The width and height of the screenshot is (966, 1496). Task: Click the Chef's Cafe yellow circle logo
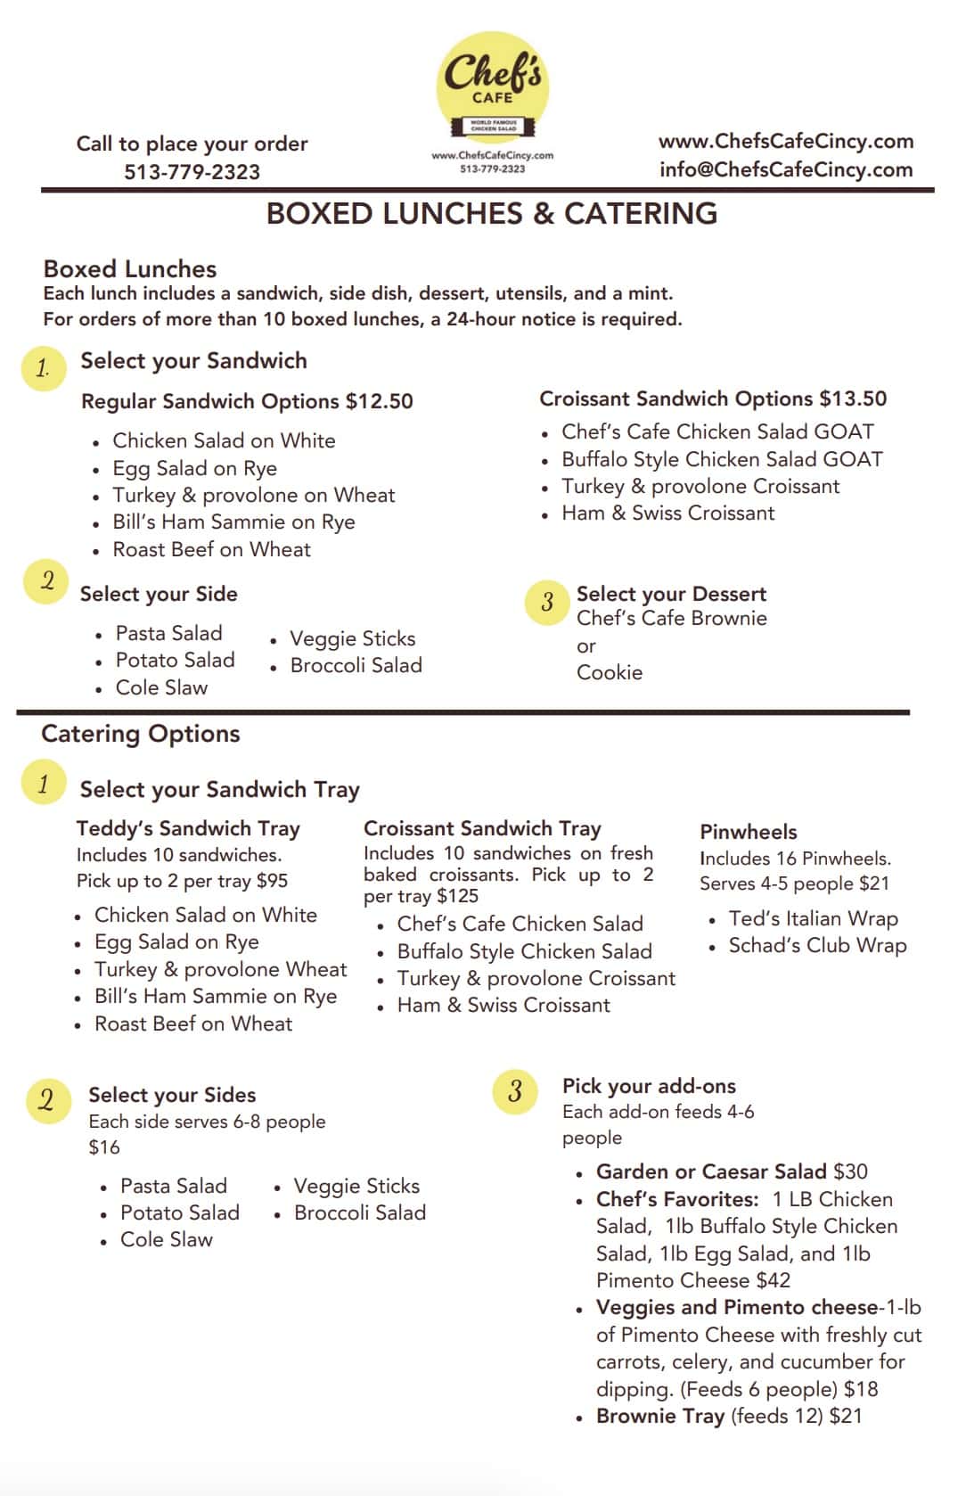tap(492, 87)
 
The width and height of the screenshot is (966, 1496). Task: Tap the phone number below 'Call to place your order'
tap(192, 172)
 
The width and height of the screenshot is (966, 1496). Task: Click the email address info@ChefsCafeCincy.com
tap(786, 169)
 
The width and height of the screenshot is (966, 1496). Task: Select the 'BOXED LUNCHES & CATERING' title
tap(491, 214)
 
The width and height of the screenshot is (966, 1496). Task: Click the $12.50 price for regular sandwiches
tap(379, 401)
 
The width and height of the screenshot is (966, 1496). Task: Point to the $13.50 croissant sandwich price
tap(853, 399)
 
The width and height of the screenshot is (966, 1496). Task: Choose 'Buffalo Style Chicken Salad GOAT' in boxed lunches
tap(722, 459)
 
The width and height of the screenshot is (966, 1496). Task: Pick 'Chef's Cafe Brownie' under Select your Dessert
tap(671, 619)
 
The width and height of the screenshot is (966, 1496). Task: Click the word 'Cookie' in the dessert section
tap(610, 672)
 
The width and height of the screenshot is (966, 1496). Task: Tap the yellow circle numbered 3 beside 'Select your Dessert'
tap(547, 603)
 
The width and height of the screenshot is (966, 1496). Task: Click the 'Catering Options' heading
tap(141, 734)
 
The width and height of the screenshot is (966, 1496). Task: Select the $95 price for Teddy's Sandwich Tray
tap(272, 881)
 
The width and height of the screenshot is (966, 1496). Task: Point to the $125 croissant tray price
tap(457, 896)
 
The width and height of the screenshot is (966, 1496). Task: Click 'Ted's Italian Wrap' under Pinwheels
tap(813, 918)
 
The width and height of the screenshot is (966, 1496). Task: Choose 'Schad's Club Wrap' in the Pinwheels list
tap(817, 945)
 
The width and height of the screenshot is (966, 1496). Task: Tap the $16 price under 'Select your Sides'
tap(104, 1147)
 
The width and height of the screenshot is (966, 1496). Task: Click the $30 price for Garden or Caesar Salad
tap(850, 1171)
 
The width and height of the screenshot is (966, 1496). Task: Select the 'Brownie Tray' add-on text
tap(659, 1416)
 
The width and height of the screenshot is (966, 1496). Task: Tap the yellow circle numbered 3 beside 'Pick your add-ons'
tap(515, 1091)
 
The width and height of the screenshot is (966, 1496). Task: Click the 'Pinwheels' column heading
tap(749, 832)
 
